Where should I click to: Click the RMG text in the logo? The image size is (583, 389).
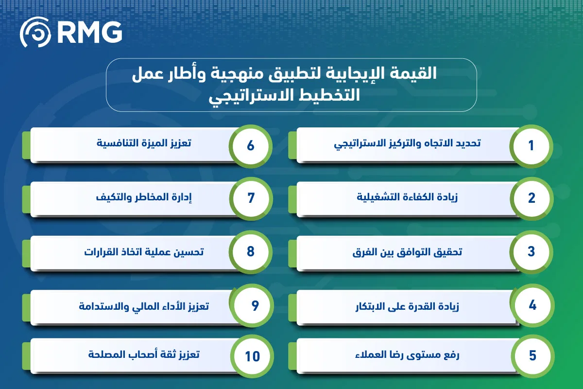(x=89, y=32)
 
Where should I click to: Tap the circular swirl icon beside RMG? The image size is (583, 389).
(x=35, y=32)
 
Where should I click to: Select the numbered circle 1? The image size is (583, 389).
(x=531, y=146)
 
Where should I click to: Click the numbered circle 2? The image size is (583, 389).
(x=532, y=198)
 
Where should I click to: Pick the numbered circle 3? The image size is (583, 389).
(x=531, y=252)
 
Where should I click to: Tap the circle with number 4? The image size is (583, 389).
(x=532, y=305)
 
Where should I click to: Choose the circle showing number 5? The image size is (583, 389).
(x=532, y=356)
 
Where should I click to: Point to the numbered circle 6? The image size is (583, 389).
(x=250, y=146)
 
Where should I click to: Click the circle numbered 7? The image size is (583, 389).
(x=251, y=198)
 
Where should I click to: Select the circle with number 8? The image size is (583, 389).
(x=250, y=252)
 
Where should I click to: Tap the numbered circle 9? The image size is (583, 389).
(x=252, y=305)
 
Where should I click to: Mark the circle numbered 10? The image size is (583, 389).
(x=252, y=356)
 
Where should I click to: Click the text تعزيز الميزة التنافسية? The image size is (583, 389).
(x=144, y=143)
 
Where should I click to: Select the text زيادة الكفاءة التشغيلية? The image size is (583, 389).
(x=407, y=197)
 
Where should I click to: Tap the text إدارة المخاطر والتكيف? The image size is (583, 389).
(x=144, y=197)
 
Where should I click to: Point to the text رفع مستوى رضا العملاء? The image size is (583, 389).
(x=407, y=355)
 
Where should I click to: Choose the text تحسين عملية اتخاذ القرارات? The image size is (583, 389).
(x=144, y=252)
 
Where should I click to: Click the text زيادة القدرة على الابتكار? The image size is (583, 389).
(x=407, y=306)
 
